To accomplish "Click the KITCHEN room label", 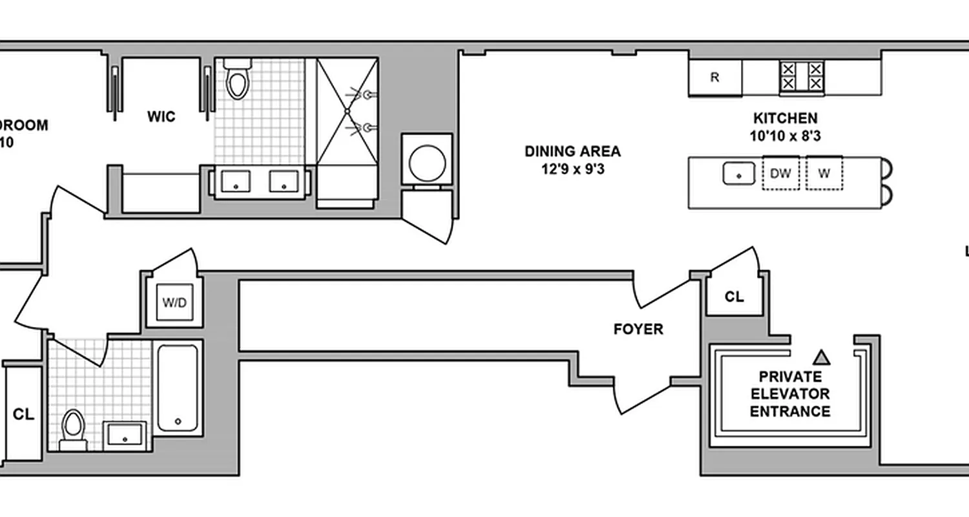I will (785, 118).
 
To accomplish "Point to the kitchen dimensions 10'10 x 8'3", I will (785, 136).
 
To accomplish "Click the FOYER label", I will (638, 329).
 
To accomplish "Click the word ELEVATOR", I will (790, 394).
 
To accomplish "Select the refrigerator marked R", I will (714, 78).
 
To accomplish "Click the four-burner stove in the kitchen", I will (802, 76).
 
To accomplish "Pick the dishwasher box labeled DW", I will (781, 173).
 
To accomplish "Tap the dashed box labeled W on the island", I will (824, 173).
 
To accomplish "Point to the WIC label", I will (161, 117).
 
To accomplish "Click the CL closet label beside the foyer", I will (734, 297).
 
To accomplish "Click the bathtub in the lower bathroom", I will (178, 387).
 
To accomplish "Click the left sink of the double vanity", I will (236, 181).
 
